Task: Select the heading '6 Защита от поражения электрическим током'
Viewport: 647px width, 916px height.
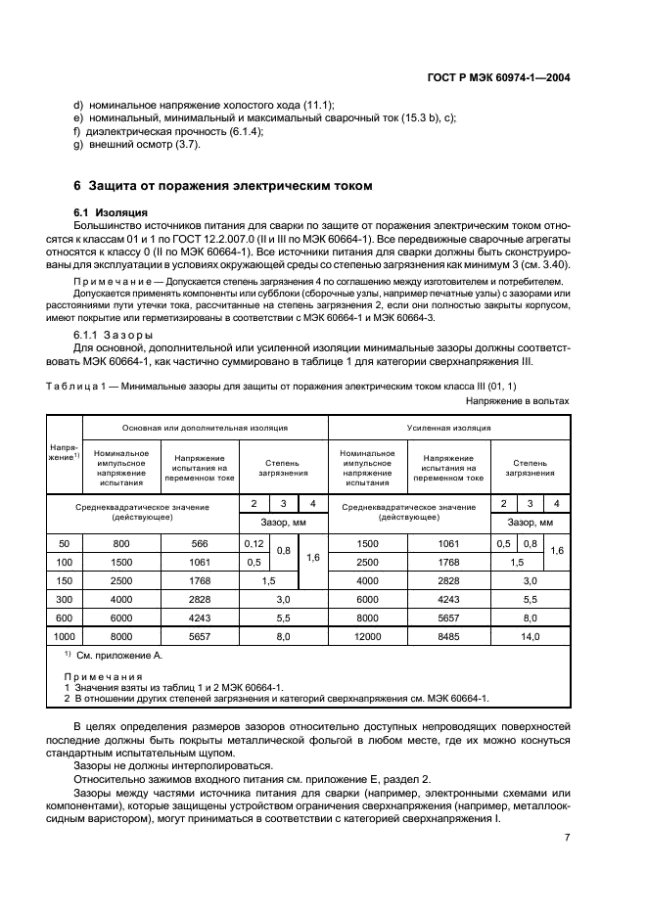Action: coord(223,185)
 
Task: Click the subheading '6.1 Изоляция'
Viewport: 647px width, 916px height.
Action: coord(110,211)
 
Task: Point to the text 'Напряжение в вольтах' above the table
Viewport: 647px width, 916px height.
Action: coord(517,401)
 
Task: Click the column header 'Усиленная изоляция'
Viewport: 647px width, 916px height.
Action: coord(448,428)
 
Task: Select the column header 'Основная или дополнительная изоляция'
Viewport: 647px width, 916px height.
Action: coord(205,428)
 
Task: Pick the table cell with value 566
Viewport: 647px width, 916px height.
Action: coord(200,543)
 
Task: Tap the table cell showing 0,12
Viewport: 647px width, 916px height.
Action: coord(254,543)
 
